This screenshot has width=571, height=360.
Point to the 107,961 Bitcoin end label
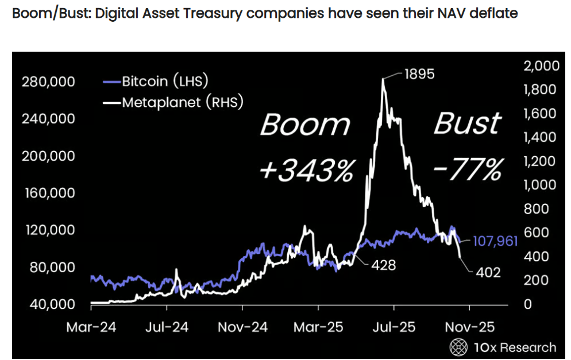coord(495,241)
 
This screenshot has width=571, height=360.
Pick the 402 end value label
coord(488,272)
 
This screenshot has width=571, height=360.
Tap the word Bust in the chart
coord(467,123)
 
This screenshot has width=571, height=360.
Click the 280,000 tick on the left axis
coord(48,82)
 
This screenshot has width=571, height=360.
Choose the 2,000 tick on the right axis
coord(541,65)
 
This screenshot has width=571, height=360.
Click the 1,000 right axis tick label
coord(541,185)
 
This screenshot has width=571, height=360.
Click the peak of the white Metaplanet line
coord(383,79)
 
